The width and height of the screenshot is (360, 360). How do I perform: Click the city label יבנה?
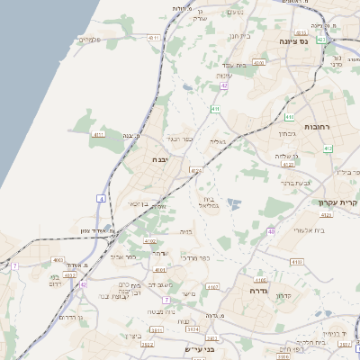click(164, 158)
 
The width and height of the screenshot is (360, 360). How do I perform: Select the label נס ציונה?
click(318, 41)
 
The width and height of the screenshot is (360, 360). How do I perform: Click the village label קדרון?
click(283, 295)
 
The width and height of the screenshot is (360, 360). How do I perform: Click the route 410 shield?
click(289, 117)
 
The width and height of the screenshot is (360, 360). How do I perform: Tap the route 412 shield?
click(327, 148)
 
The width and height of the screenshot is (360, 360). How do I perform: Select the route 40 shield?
click(270, 232)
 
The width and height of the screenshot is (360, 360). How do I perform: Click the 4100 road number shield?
click(259, 63)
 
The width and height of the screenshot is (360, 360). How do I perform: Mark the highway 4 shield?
click(102, 198)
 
